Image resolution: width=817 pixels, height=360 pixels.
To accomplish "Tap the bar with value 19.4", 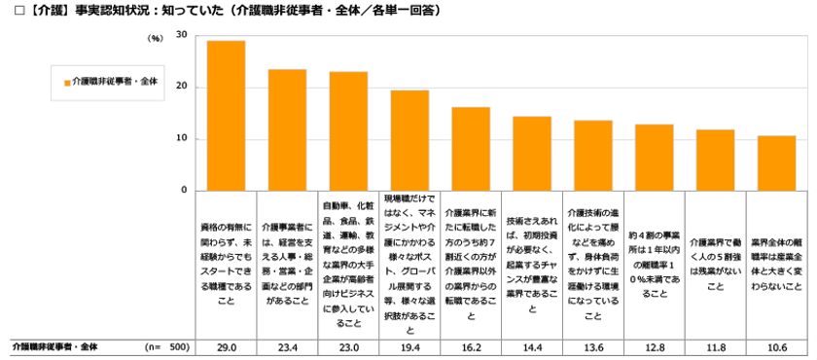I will (x=409, y=140).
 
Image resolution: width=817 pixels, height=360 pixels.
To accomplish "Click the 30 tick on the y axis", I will (x=182, y=35).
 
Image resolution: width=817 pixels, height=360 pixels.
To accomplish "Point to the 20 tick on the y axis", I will (x=182, y=88).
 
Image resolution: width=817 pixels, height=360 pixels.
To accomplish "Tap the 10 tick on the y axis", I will (x=182, y=139).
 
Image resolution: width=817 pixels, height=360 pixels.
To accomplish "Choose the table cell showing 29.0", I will (x=226, y=346).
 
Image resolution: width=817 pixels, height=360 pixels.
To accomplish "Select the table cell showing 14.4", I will (x=532, y=346).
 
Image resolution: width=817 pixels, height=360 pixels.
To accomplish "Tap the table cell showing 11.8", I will (x=715, y=346).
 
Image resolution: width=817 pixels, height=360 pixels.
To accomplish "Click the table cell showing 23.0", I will (x=348, y=346).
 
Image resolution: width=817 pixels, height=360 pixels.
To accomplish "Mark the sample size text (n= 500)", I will (x=165, y=346).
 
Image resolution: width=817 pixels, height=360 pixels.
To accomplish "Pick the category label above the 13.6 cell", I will (x=593, y=263).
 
